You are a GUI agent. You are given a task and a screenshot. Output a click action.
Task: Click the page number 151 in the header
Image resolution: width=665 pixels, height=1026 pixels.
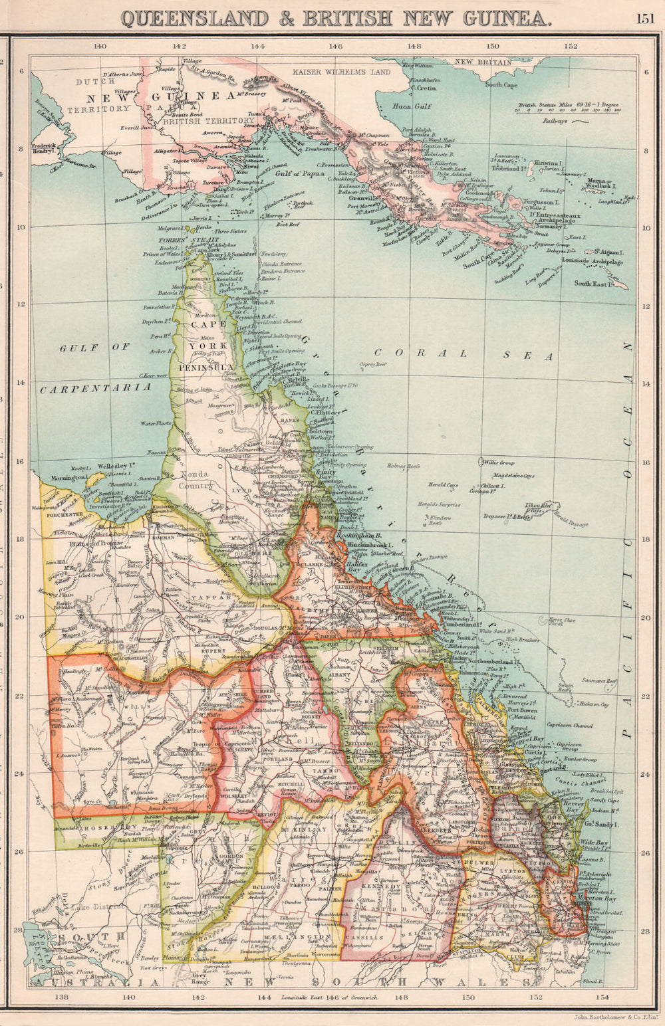644,18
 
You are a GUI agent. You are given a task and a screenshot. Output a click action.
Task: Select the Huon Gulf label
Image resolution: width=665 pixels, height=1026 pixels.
412,106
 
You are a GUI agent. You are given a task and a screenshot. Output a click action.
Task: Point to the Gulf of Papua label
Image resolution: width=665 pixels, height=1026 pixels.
299,173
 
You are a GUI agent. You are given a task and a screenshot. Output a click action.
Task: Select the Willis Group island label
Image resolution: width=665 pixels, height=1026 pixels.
499,461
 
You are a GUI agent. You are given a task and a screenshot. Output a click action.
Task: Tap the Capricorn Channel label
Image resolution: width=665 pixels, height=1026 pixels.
566,726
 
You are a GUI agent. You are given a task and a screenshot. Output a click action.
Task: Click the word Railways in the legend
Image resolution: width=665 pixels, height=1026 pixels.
555,121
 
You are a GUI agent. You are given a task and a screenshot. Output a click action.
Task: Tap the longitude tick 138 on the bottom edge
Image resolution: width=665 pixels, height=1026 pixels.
62,997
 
